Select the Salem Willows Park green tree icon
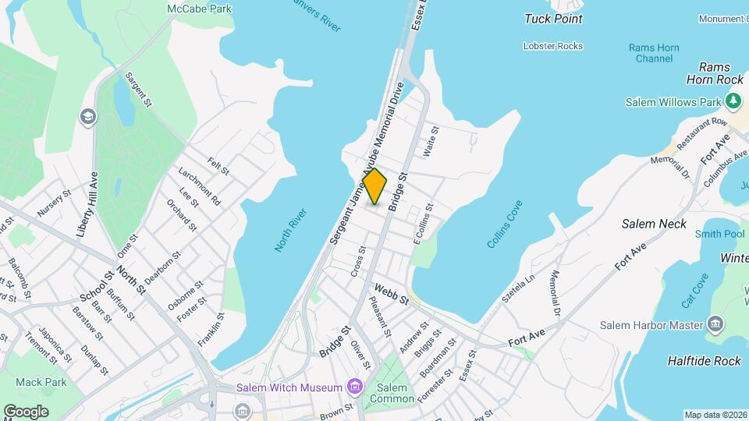(733, 101)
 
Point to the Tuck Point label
(553, 19)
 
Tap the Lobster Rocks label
(553, 46)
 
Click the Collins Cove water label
(505, 225)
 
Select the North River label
(291, 230)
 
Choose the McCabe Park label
(199, 9)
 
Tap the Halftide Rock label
(704, 361)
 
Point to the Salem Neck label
(654, 224)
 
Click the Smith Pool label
(719, 233)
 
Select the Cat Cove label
(694, 289)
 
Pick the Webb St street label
(391, 294)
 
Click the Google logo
(26, 411)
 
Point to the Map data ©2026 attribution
(715, 415)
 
